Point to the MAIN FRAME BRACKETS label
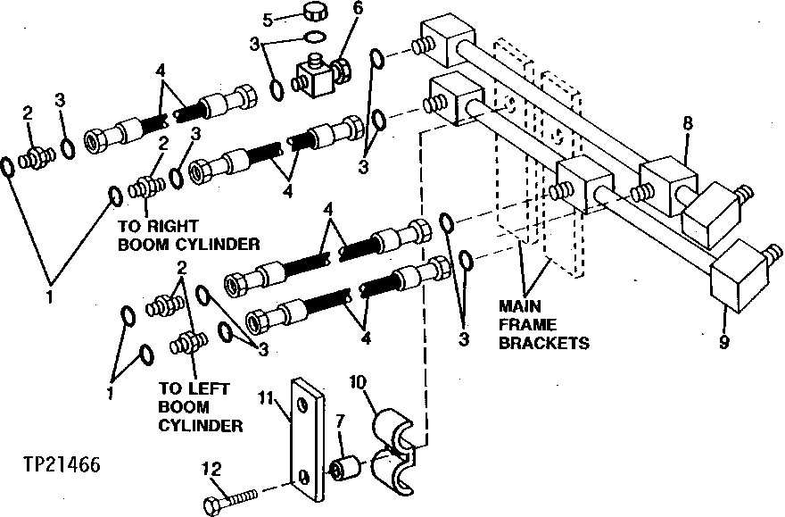pos(544,326)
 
